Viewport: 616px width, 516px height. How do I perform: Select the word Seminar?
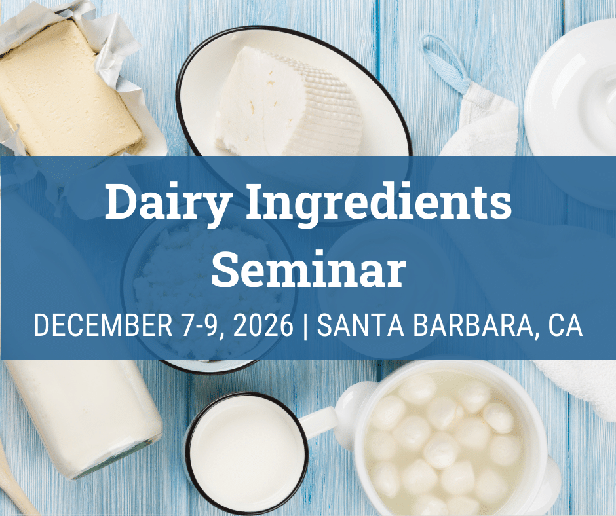coord(309,268)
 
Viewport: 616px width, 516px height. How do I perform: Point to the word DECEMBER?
coord(104,325)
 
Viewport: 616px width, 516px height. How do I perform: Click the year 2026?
coord(263,325)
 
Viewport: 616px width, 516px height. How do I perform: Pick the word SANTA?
coord(360,325)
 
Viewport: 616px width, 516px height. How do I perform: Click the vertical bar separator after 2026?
coord(305,326)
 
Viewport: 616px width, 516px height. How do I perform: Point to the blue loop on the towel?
coord(445,63)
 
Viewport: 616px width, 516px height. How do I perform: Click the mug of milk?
coord(246,452)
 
